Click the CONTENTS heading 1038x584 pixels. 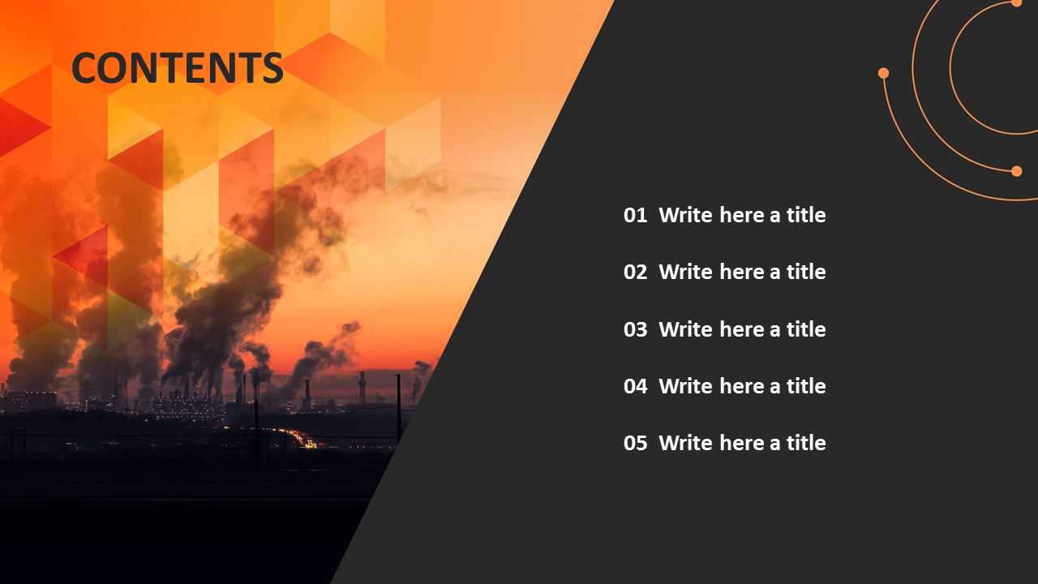click(x=178, y=68)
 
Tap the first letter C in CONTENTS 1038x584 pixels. click(x=86, y=68)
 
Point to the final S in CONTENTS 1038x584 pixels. click(x=272, y=68)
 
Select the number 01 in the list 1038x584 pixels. click(x=635, y=216)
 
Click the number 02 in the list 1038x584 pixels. click(x=635, y=273)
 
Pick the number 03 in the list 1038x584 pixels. click(x=635, y=330)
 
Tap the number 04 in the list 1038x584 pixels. click(x=635, y=387)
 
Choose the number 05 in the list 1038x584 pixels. click(x=635, y=444)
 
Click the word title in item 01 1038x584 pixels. click(x=806, y=216)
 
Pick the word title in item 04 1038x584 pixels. click(x=806, y=387)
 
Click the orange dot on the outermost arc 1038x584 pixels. click(x=883, y=73)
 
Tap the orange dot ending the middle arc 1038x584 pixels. click(x=1016, y=170)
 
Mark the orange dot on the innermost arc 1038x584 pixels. click(x=1016, y=3)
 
